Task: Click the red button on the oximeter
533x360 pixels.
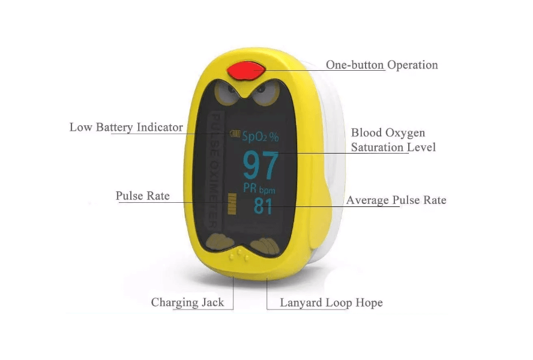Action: pos(246,71)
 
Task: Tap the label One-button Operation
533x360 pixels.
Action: pos(382,65)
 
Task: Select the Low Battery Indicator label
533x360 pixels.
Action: pos(126,127)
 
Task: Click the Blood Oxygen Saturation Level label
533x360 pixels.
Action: pos(393,140)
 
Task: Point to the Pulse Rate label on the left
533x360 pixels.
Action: pos(142,196)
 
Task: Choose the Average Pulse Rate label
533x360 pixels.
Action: pos(396,200)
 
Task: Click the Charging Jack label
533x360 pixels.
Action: pos(187,302)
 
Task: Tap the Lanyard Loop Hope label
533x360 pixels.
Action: pos(331,302)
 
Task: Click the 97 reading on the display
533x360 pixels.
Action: pos(260,166)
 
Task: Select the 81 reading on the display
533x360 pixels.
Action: pos(263,206)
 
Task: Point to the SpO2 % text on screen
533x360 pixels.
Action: pos(260,136)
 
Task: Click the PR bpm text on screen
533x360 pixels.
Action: pos(259,188)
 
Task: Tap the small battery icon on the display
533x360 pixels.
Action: pos(235,134)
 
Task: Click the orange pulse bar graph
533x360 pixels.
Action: pos(232,204)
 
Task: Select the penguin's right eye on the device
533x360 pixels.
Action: pos(265,92)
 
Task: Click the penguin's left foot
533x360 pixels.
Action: pos(220,242)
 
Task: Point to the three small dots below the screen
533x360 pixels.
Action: pos(239,255)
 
